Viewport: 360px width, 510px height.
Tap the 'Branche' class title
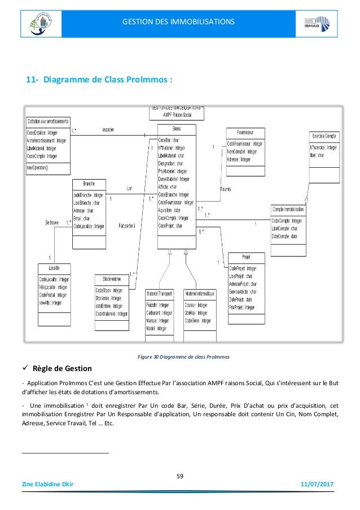[89, 184]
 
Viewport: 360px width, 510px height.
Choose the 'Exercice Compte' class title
[324, 136]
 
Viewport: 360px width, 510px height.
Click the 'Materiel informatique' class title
[199, 294]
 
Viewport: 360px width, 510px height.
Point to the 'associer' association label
[109, 129]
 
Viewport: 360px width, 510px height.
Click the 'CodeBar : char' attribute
[169, 140]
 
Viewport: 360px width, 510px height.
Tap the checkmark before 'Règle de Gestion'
[25, 369]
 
